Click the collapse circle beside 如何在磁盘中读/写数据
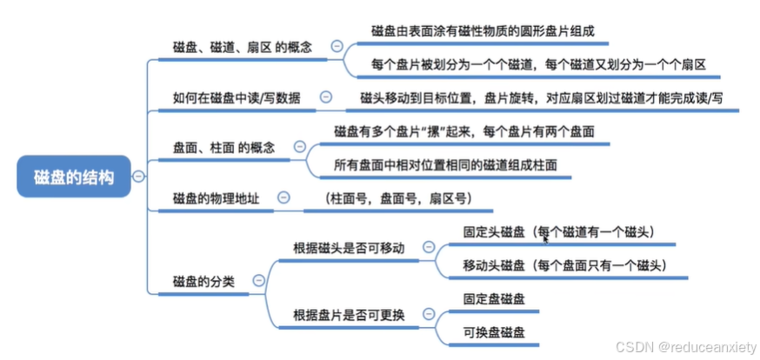click(325, 97)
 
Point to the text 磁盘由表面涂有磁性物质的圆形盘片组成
click(483, 31)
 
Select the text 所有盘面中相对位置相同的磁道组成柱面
click(445, 164)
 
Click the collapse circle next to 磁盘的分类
click(258, 281)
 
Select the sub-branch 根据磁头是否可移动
click(349, 248)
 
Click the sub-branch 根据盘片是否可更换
click(349, 315)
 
